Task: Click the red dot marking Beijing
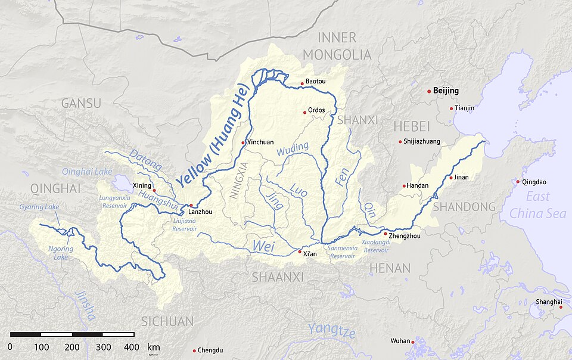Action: coord(429,91)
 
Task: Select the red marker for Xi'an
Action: coord(300,252)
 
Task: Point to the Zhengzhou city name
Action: coord(405,236)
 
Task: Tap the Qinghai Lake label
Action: coord(87,172)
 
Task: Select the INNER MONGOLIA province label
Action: coord(337,46)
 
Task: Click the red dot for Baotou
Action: coord(303,83)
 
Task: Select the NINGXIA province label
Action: coord(238,179)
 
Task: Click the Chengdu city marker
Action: coord(194,350)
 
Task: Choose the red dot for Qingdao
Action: coord(518,182)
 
